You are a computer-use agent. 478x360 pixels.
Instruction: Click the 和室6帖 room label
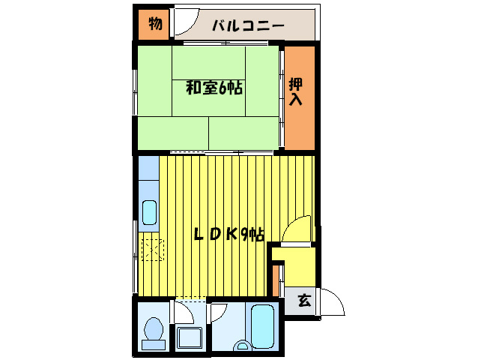[214, 88]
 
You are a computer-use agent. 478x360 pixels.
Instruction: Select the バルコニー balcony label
[247, 25]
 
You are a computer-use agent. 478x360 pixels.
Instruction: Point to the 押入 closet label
[297, 91]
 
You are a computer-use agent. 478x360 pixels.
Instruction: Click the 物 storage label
[154, 24]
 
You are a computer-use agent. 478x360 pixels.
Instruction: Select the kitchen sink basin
[149, 213]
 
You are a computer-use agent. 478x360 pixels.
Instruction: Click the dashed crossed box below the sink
[154, 248]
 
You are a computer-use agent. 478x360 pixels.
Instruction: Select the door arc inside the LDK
[296, 229]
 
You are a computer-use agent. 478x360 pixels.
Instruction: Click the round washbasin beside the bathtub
[241, 346]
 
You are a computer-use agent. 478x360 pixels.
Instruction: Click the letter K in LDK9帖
[232, 234]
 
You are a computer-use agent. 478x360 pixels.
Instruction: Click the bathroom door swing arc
[222, 311]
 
